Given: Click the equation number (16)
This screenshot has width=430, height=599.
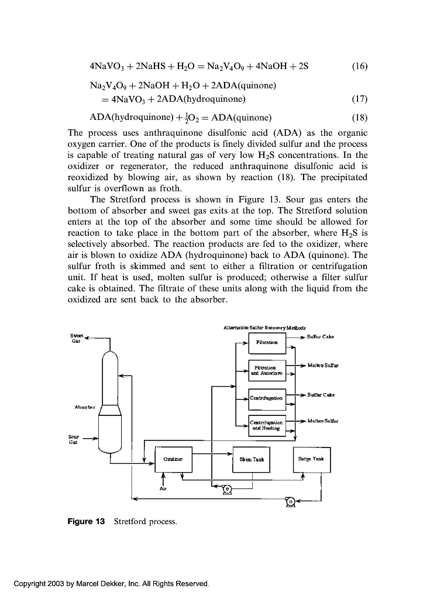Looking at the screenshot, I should pyautogui.click(x=360, y=66).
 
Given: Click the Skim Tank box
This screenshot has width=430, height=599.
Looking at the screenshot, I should pyautogui.click(x=252, y=459).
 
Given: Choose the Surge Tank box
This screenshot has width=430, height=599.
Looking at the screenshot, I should pyautogui.click(x=311, y=459).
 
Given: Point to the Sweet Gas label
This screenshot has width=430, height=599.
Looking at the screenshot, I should pyautogui.click(x=77, y=338).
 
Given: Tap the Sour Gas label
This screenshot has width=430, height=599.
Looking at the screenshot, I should pyautogui.click(x=74, y=439).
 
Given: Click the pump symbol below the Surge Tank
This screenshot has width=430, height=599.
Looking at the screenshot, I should pyautogui.click(x=289, y=501).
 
